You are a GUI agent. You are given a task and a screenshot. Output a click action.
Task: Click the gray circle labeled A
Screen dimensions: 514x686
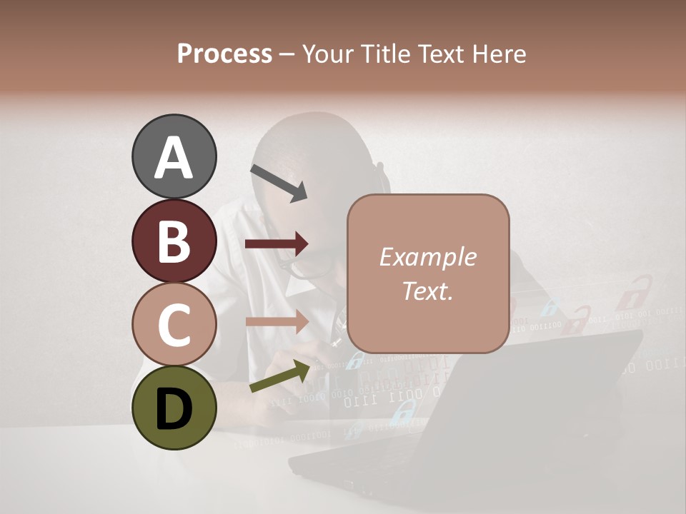(174, 157)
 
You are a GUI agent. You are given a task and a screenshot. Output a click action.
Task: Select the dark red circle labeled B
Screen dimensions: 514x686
(174, 241)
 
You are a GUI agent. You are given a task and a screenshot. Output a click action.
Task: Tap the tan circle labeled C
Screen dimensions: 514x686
(174, 324)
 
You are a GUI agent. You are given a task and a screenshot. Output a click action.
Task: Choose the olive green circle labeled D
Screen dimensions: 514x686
(174, 408)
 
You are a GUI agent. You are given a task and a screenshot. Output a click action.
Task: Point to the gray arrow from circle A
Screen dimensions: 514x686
(278, 183)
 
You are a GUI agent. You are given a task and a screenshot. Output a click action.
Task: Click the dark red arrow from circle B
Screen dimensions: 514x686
(277, 244)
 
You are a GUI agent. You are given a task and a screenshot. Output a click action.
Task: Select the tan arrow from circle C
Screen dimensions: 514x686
(277, 322)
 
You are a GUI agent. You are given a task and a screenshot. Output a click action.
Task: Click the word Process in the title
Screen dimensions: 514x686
(224, 54)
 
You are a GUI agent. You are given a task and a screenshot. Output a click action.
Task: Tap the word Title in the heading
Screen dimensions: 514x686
(385, 54)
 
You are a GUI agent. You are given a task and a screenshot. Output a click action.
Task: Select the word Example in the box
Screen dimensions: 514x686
(427, 257)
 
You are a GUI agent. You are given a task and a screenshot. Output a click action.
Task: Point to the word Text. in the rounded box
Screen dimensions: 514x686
(427, 291)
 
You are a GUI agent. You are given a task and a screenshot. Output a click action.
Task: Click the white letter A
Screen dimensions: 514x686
(174, 158)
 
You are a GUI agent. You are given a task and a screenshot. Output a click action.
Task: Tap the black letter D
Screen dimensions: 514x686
(174, 409)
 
